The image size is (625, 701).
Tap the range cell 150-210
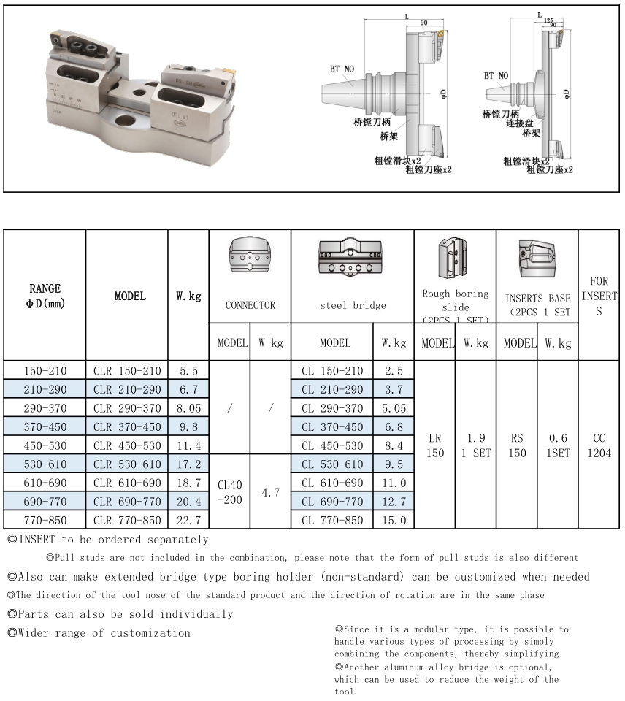pyautogui.click(x=45, y=370)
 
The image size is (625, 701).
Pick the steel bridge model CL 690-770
pyautogui.click(x=332, y=502)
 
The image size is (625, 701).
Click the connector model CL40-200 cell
pyautogui.click(x=229, y=492)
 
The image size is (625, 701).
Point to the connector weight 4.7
pyautogui.click(x=270, y=493)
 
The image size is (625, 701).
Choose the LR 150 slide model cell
pyautogui.click(x=434, y=445)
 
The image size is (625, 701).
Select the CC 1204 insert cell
pyautogui.click(x=599, y=445)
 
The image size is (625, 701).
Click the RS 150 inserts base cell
pyautogui.click(x=516, y=445)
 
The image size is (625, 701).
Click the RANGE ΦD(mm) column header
pyautogui.click(x=45, y=296)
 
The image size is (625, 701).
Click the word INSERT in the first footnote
pyautogui.click(x=37, y=540)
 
